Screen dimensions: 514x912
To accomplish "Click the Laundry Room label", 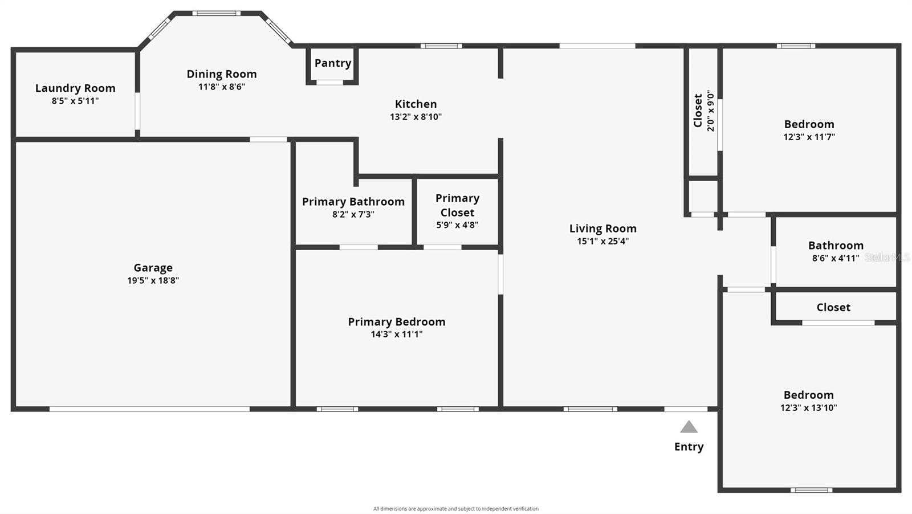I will click(75, 88).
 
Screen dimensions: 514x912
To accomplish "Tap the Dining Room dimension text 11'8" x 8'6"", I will click(221, 87).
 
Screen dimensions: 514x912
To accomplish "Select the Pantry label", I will click(332, 63).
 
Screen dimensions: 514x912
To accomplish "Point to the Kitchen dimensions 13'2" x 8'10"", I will click(416, 117).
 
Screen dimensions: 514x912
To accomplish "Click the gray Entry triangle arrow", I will click(689, 427).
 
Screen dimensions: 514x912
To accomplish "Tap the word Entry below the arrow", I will click(689, 447).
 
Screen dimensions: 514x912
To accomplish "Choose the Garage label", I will click(153, 268).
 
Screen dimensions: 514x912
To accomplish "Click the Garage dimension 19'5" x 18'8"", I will click(153, 280).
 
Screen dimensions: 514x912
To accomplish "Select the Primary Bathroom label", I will click(353, 202).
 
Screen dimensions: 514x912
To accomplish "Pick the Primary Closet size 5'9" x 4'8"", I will click(457, 225).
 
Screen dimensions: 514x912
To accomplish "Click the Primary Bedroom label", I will click(396, 322).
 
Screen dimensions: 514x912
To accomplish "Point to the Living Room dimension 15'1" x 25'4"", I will click(602, 241).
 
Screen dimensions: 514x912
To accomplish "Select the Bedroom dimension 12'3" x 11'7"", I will click(809, 137).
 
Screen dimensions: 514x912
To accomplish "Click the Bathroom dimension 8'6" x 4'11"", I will click(835, 258).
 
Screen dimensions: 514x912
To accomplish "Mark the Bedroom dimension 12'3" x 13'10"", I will click(808, 407).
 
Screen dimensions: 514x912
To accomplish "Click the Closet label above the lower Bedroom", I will click(833, 308).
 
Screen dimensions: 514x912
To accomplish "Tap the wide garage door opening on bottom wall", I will click(149, 409).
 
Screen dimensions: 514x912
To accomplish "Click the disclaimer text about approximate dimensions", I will click(455, 509).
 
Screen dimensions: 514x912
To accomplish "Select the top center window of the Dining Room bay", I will click(216, 13).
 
